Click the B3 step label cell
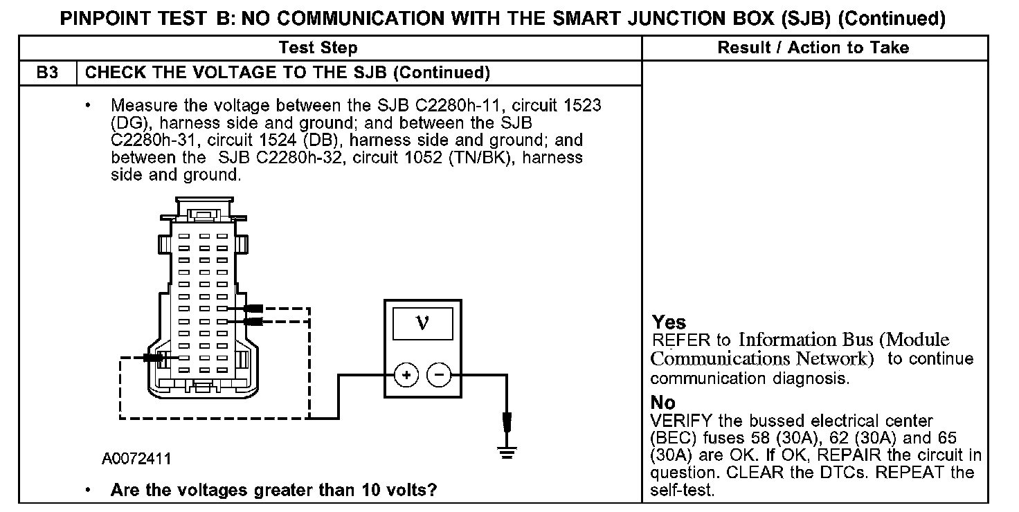46,73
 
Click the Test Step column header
318,48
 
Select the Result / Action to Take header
813,48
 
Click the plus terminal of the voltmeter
406,375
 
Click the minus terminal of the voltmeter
438,375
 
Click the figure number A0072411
136,459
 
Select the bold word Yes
669,322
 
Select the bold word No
663,403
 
